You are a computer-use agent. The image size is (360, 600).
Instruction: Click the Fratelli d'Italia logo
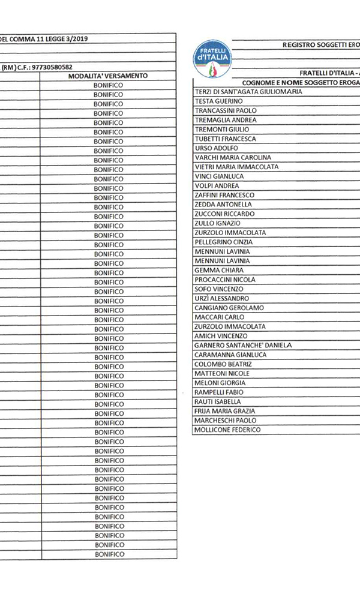211,58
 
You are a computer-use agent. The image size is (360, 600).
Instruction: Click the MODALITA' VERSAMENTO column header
108,76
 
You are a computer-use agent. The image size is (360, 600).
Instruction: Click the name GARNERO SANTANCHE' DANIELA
243,346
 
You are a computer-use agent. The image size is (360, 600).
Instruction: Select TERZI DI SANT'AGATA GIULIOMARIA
248,92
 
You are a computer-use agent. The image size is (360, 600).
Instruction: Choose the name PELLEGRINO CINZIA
224,242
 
